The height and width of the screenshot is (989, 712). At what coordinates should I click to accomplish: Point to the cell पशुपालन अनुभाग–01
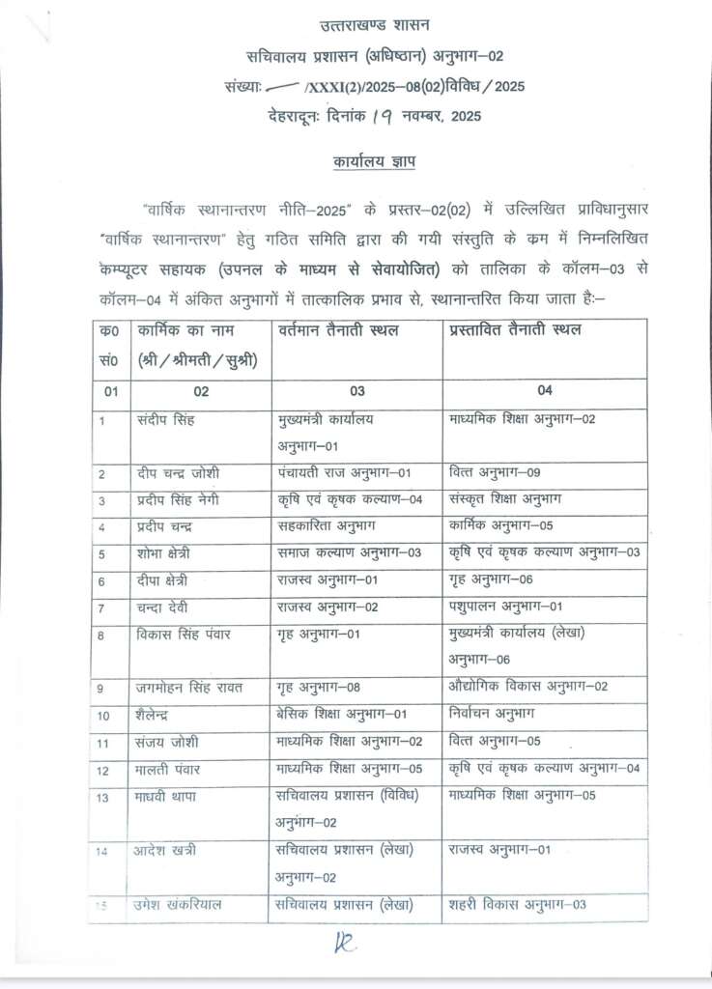coord(506,608)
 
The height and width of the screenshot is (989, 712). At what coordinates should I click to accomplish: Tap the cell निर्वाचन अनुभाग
coord(492,715)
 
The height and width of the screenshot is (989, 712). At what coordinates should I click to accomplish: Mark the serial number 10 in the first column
coord(104,716)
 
